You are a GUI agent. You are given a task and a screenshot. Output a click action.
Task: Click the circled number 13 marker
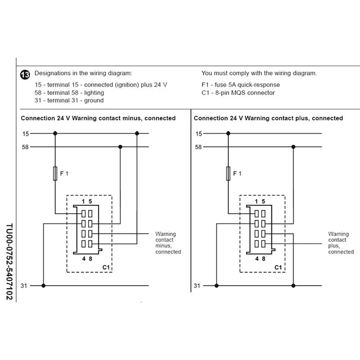[x=25, y=75]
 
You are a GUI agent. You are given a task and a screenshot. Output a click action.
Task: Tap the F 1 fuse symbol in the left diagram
[x=55, y=173]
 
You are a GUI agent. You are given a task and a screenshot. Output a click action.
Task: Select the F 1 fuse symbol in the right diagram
[x=228, y=173]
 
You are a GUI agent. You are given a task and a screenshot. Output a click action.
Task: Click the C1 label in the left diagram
[x=106, y=267]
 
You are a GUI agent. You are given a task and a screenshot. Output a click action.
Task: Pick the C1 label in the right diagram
[x=278, y=267]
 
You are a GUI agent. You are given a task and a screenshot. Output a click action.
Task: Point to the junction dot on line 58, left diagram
[x=120, y=147]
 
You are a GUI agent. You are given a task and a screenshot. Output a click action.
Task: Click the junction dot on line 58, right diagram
[x=293, y=147]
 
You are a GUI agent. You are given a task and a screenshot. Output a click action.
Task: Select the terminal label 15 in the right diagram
[x=198, y=134]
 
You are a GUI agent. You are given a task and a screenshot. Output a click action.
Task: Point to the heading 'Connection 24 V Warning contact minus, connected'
[x=98, y=118]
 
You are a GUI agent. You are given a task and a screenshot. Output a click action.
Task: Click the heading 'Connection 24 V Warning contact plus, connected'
[x=268, y=118]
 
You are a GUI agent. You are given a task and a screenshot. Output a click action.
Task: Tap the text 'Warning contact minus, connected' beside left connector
[x=168, y=243]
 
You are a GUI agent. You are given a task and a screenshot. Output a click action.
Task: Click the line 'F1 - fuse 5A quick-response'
[x=240, y=85]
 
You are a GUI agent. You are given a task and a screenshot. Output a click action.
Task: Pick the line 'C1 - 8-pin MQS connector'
[x=238, y=93]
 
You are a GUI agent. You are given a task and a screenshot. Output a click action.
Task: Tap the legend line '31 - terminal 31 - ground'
[x=69, y=100]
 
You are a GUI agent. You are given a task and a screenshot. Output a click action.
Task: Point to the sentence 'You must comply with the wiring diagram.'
[x=259, y=73]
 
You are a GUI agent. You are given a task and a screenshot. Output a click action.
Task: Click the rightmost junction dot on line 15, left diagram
[x=137, y=134]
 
